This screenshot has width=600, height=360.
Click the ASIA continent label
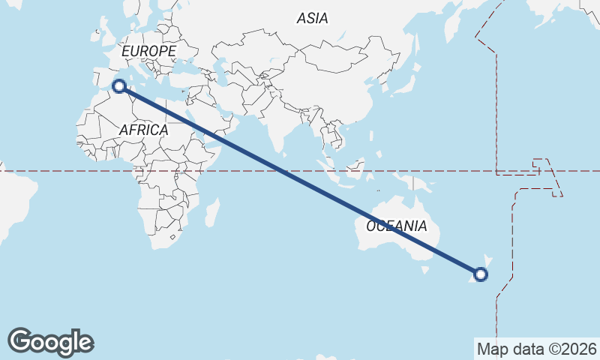pos(312,19)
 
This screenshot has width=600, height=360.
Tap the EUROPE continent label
pos(148,51)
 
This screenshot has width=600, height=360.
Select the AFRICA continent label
pos(143,130)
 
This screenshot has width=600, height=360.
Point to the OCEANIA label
pos(397,226)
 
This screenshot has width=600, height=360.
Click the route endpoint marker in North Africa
pos(118,85)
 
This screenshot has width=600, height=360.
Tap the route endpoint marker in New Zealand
pos(481,274)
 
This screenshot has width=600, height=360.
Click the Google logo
pos(50,342)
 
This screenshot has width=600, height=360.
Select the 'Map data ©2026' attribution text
pos(536,349)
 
